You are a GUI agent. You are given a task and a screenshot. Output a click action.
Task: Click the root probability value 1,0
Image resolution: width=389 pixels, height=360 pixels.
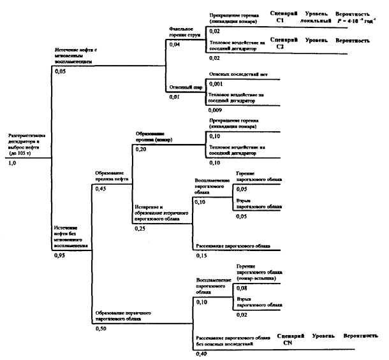[x=12, y=163]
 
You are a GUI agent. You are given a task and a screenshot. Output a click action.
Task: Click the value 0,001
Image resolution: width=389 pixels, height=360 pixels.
[x=216, y=83]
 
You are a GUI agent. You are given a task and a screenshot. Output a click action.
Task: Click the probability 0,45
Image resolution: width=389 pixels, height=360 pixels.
[x=101, y=189]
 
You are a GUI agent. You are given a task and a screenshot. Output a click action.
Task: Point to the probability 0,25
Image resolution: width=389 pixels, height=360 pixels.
[x=140, y=228]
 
